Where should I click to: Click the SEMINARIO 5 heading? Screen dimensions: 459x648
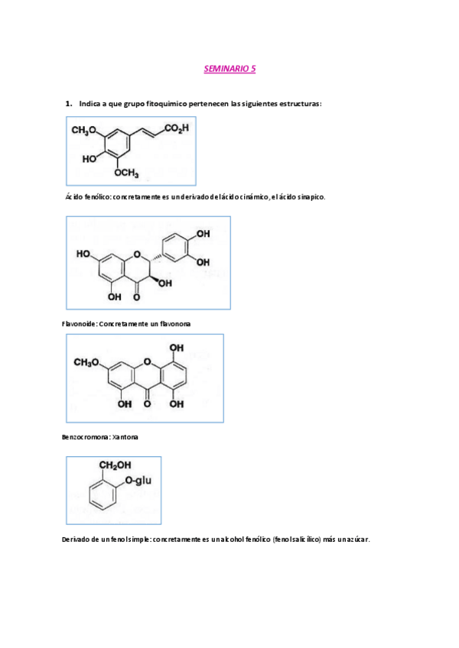coord(229,69)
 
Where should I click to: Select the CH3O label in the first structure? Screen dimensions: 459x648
coord(83,131)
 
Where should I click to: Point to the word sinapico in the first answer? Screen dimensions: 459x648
coord(309,197)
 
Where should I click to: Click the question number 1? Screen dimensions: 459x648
coord(69,102)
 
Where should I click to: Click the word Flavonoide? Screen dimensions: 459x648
coord(79,324)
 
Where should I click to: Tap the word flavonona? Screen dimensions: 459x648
coord(173,324)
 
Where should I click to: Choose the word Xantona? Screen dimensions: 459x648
coord(125,437)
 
